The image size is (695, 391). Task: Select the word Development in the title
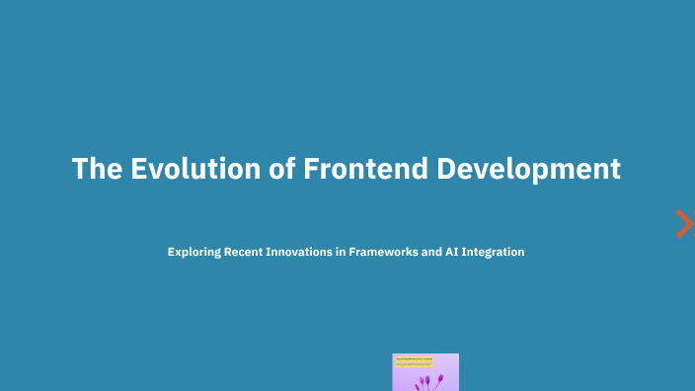tap(529, 169)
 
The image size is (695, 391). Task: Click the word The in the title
tap(96, 169)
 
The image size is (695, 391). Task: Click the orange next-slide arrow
tap(683, 224)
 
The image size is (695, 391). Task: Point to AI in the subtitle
tap(457, 253)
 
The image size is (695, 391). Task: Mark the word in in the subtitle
tap(340, 253)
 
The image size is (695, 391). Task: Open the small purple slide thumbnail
tap(425, 372)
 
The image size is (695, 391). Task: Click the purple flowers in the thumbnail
tap(425, 379)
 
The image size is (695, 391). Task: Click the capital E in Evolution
tap(136, 169)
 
